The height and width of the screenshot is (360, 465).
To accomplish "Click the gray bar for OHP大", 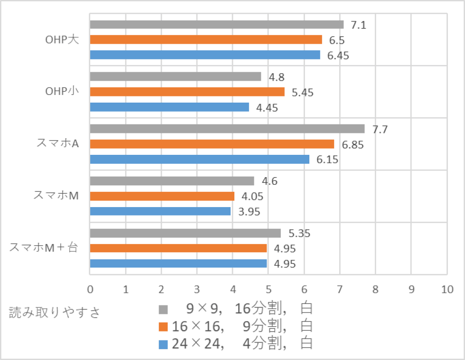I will [x=216, y=24].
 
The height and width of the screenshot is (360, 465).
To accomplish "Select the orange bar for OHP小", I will [x=187, y=92].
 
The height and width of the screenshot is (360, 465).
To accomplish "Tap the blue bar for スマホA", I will [x=199, y=159].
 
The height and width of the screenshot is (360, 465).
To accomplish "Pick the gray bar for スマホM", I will [x=172, y=181].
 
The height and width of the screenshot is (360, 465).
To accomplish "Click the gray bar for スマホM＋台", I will [x=185, y=233].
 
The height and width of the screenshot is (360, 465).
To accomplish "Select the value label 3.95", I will [x=249, y=212].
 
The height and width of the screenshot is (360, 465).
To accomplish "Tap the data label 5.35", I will [x=299, y=234].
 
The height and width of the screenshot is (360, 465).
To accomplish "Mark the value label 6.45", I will [x=338, y=56].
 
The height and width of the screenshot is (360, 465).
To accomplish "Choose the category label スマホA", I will [x=57, y=143].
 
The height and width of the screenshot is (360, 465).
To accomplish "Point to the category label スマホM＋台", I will [x=44, y=247].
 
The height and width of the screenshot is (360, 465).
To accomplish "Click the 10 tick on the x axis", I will [x=446, y=289].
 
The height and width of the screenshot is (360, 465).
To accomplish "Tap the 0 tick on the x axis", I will [x=90, y=289].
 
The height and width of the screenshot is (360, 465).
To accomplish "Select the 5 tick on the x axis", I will [x=268, y=289].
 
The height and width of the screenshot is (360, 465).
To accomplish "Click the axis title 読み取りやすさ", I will [x=55, y=313].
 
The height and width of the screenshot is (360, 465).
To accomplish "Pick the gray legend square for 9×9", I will [x=163, y=310].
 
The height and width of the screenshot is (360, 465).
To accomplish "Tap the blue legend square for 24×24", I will [x=163, y=343].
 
